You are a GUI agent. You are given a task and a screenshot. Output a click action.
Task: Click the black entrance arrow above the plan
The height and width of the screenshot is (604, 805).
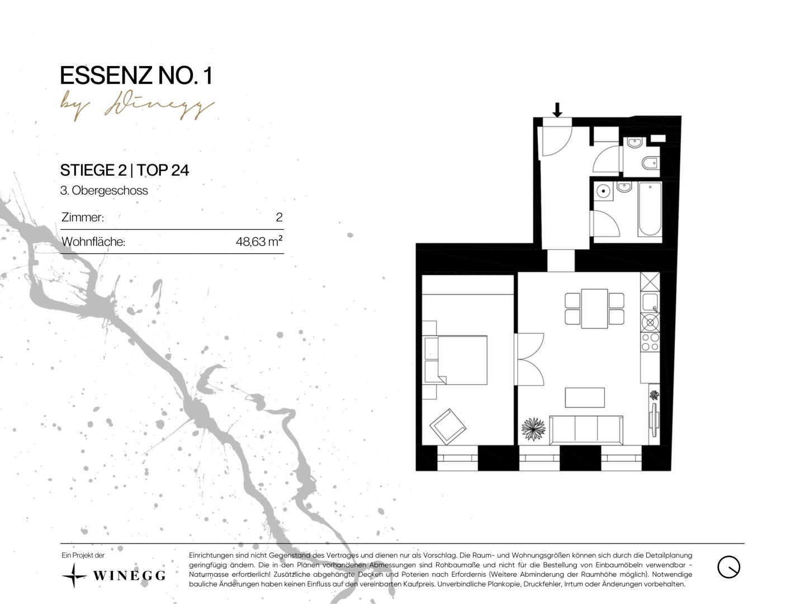click(x=557, y=110)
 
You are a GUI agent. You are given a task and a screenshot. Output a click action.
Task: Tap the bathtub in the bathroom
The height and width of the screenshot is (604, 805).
click(x=650, y=209)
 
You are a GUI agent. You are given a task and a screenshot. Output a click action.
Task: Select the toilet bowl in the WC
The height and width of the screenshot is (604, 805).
click(x=650, y=163)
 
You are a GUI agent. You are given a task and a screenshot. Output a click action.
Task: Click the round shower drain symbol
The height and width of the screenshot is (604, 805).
click(x=603, y=191)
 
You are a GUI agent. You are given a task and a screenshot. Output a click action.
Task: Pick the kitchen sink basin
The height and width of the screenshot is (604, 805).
click(x=650, y=302)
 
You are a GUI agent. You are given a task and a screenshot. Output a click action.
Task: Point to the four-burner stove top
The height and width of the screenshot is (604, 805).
click(x=650, y=342)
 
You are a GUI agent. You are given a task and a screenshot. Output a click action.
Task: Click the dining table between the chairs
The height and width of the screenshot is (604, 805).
click(x=594, y=309)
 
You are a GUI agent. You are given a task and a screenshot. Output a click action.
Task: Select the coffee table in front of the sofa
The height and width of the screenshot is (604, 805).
click(x=585, y=398)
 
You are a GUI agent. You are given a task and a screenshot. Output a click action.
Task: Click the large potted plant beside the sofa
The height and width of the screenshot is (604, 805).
click(x=533, y=429)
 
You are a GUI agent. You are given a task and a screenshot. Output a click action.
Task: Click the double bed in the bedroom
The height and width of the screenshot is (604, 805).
click(x=455, y=360)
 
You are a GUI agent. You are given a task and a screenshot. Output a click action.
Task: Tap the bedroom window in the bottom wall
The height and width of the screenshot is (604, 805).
click(x=457, y=458)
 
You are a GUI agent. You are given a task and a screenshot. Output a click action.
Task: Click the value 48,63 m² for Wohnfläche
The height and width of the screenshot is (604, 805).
click(x=259, y=242)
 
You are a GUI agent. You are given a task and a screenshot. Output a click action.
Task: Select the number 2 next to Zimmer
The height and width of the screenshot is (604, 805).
click(x=279, y=217)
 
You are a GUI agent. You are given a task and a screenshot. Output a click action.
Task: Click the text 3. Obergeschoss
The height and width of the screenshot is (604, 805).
click(x=104, y=190)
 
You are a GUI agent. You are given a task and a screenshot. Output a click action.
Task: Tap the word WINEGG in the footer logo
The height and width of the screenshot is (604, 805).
click(x=129, y=575)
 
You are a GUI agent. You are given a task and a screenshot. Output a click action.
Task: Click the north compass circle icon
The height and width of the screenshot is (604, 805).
click(x=729, y=567)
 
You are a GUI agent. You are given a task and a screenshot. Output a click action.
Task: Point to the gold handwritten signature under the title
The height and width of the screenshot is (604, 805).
click(x=137, y=106)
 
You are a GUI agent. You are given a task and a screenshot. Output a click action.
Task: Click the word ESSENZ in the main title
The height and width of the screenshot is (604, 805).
click(x=106, y=75)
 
